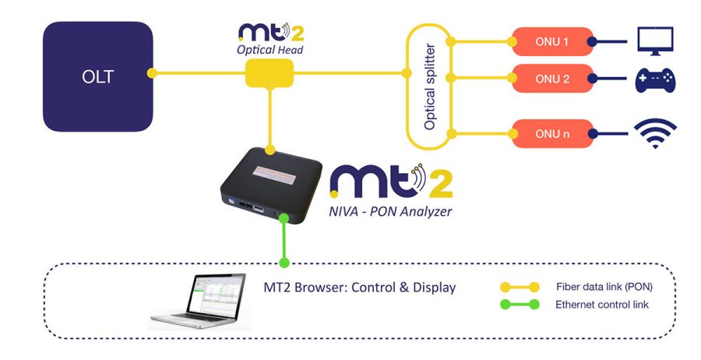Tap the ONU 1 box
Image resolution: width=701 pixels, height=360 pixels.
pyautogui.click(x=550, y=41)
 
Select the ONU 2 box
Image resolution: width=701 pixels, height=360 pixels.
pyautogui.click(x=550, y=78)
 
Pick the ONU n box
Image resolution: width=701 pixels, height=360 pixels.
pyautogui.click(x=550, y=133)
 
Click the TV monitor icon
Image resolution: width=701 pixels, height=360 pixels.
pyautogui.click(x=655, y=41)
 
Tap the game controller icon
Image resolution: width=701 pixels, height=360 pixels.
pyautogui.click(x=655, y=80)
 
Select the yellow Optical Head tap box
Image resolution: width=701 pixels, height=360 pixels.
pyautogui.click(x=269, y=75)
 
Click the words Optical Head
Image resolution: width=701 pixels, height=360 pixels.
pyautogui.click(x=268, y=49)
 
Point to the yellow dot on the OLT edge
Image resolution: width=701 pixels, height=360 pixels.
pyautogui.click(x=153, y=75)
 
